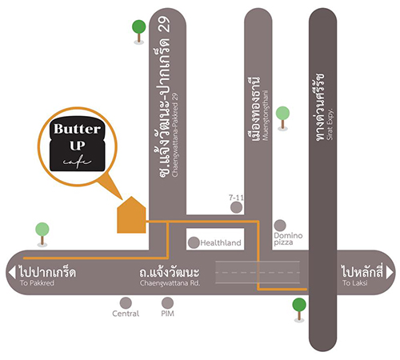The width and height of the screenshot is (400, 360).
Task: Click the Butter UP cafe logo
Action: [78, 143]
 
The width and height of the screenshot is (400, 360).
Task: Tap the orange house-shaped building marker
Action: [131, 215]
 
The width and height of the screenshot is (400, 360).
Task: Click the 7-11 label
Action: [236, 198]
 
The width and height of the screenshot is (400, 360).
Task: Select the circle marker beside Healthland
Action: [194, 242]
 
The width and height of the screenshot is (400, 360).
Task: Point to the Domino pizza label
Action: [288, 239]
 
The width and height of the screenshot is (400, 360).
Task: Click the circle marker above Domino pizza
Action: [280, 226]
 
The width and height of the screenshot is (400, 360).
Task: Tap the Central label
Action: [126, 314]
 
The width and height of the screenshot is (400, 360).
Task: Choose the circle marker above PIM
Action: [167, 303]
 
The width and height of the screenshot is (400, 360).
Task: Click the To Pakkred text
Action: [37, 283]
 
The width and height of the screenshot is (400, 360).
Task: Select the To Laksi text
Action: [354, 283]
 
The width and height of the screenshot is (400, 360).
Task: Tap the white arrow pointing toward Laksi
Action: [390, 273]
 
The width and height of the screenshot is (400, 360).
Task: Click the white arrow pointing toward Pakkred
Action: [12, 273]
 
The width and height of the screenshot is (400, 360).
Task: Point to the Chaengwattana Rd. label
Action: [170, 283]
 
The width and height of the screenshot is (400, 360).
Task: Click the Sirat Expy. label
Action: [330, 124]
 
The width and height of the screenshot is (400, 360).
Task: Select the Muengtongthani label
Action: [266, 115]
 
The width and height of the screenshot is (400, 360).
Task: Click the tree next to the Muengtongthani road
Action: [282, 118]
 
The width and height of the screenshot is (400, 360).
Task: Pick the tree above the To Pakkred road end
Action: [42, 234]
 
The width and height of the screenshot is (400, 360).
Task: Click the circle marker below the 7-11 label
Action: [236, 207]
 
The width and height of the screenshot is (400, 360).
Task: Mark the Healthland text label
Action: [221, 242]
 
